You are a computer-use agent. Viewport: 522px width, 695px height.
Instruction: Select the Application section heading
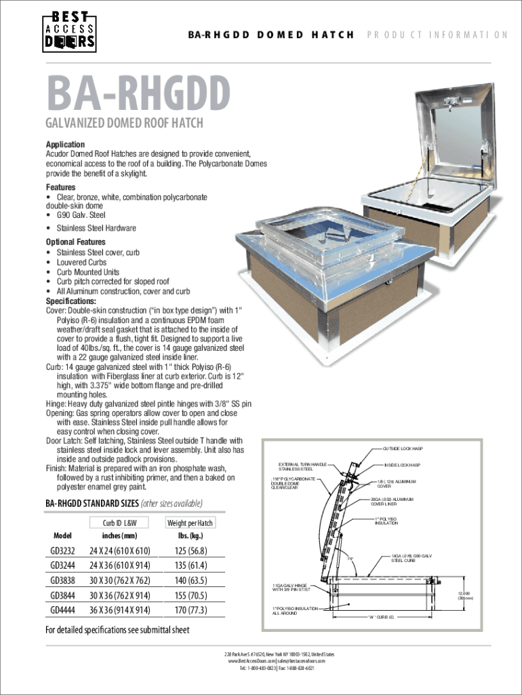coord(65,145)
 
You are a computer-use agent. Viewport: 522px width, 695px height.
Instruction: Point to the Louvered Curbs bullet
coord(81,262)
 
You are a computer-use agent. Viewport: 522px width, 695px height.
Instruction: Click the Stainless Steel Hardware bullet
coord(96,228)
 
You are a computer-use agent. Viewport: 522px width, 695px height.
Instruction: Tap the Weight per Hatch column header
coord(189,523)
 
